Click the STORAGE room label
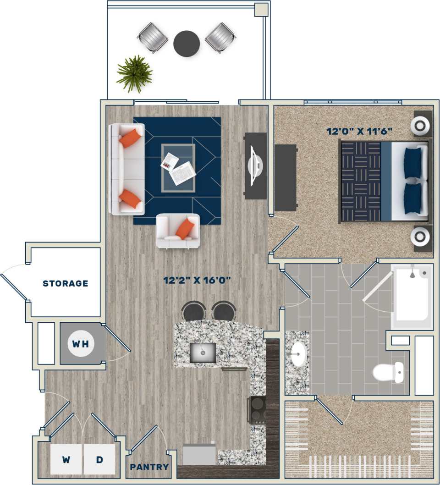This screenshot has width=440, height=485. (65, 283)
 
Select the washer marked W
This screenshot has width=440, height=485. (66, 459)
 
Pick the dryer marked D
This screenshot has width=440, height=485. (99, 459)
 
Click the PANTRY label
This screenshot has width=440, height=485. (149, 467)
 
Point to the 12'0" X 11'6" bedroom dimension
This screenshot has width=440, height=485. (359, 131)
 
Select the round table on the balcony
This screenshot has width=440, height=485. (187, 44)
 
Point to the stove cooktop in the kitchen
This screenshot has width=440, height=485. (257, 409)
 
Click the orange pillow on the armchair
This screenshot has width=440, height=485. (185, 228)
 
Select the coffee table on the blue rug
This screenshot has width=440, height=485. (178, 168)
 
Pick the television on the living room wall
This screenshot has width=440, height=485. (255, 165)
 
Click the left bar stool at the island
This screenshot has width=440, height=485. (193, 311)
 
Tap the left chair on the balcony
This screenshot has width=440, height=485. (153, 37)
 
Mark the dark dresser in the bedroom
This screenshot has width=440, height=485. (285, 177)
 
